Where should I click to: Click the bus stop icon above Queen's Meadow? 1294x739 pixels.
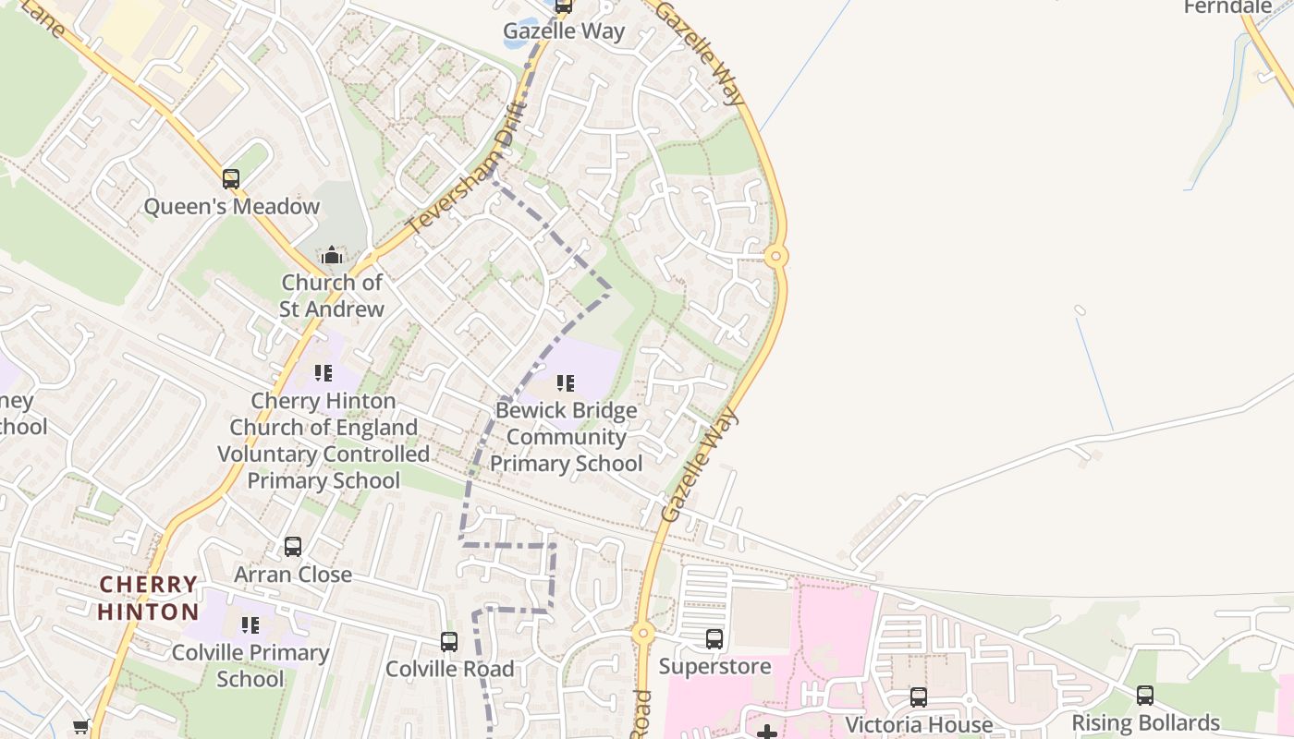(231, 178)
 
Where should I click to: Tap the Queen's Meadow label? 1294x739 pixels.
(231, 206)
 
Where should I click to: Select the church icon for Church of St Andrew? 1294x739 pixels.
(332, 255)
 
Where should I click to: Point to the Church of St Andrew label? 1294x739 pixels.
(332, 296)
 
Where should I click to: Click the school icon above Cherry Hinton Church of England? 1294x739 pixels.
(323, 373)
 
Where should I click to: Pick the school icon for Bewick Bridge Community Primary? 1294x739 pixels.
(566, 382)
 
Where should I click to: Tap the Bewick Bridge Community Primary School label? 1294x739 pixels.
(566, 437)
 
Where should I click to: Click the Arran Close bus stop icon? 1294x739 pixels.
(293, 546)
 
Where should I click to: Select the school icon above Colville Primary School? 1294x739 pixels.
(250, 625)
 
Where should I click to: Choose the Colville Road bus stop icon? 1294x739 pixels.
(449, 641)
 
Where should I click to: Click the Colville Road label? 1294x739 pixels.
(449, 669)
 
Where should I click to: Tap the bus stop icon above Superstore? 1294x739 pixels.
(714, 638)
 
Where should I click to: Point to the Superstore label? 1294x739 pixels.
(714, 666)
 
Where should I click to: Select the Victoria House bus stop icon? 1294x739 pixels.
(919, 697)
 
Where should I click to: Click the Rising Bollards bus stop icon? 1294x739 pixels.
(1145, 695)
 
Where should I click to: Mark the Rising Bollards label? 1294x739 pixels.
(1145, 722)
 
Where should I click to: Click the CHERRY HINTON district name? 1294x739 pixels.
(148, 598)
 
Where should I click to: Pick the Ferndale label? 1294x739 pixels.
(1227, 7)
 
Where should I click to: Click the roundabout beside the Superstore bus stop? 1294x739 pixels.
(643, 634)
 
